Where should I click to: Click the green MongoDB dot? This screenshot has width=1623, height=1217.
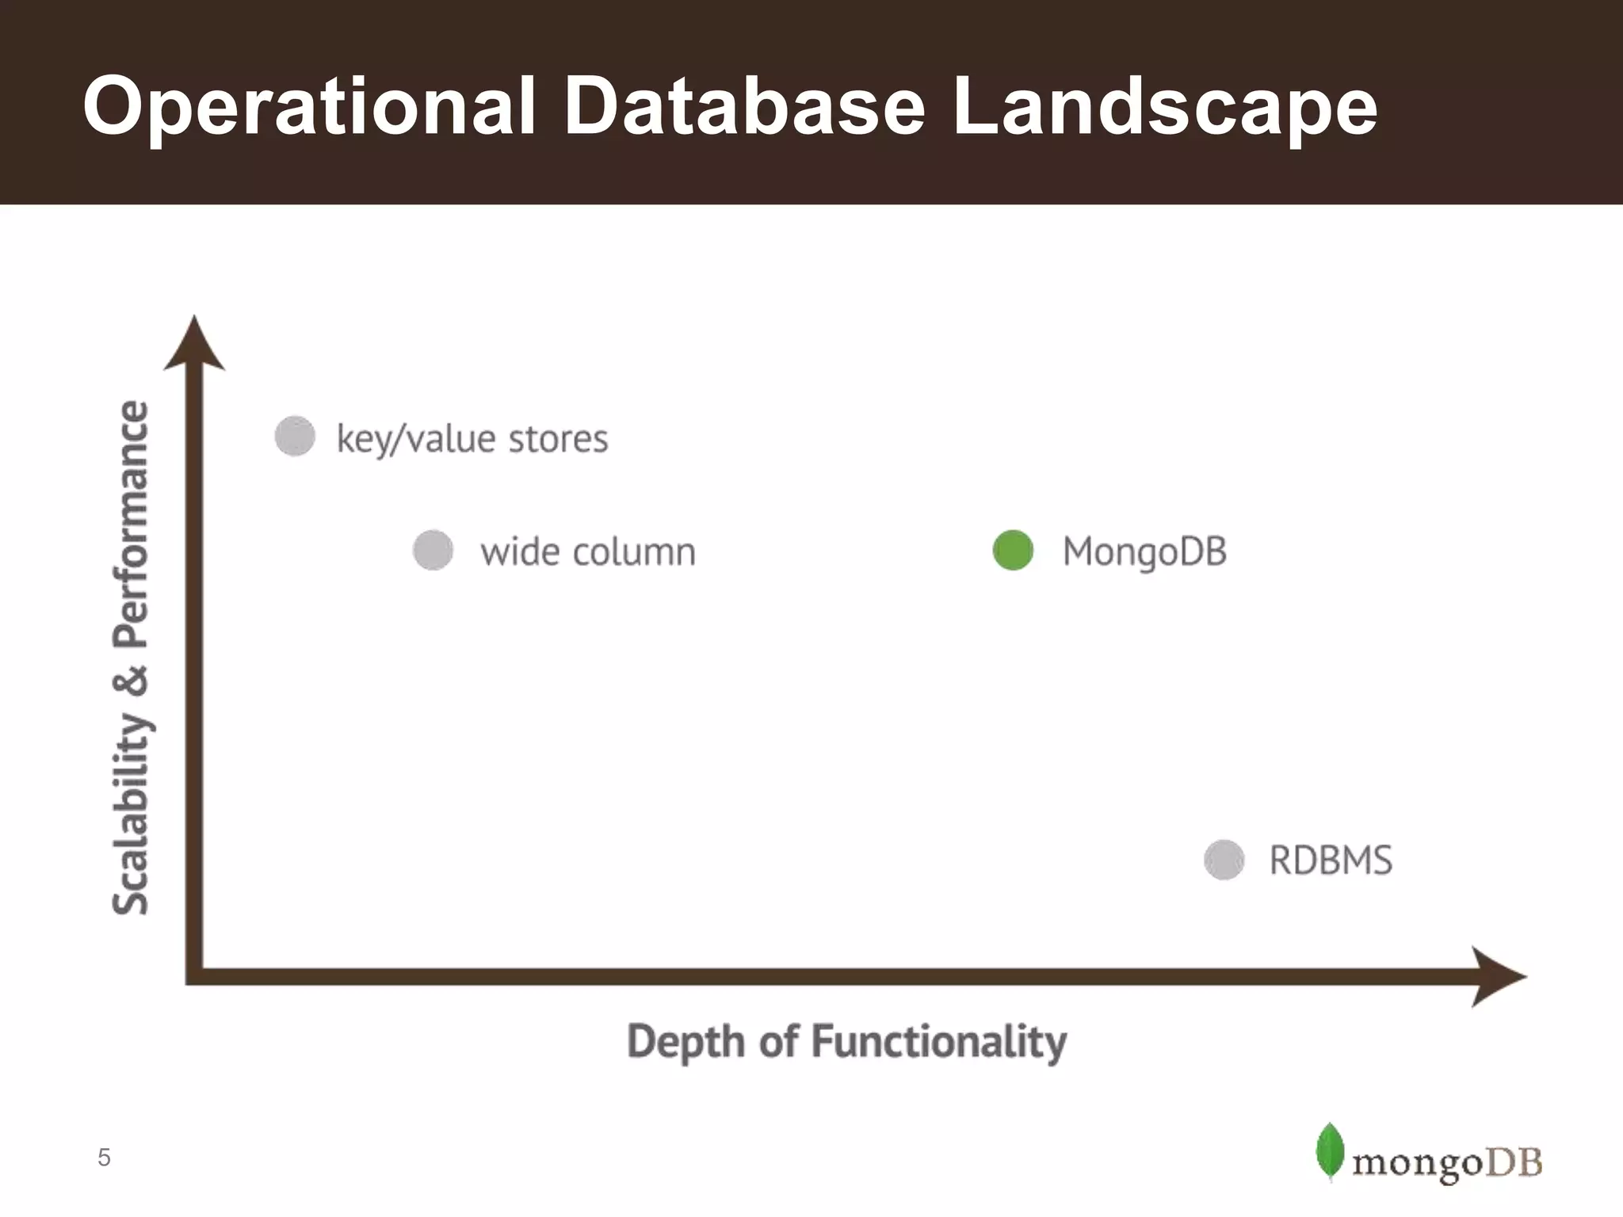pos(1013,551)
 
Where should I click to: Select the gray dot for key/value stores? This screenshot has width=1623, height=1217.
pos(295,436)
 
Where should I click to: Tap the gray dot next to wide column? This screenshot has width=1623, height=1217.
pos(433,551)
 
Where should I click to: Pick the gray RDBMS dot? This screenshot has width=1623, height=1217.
pos(1224,860)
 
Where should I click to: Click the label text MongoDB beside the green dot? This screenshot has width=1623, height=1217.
pos(1144,551)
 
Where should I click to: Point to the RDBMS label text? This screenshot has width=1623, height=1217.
pos(1331,860)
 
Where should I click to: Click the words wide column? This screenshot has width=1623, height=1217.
pos(587,551)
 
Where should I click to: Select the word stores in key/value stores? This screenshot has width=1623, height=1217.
pos(558,438)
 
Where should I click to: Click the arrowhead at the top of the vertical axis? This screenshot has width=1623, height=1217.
pos(194,345)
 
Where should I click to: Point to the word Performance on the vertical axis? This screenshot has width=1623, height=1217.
pos(131,523)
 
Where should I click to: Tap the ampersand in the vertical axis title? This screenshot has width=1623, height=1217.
pos(131,681)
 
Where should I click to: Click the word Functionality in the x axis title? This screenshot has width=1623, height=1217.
pos(939,1041)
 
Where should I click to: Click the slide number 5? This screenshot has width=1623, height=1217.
pos(104,1158)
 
